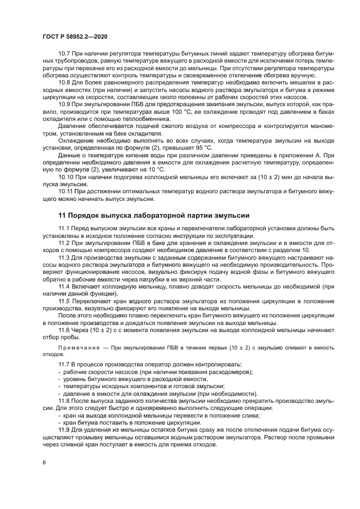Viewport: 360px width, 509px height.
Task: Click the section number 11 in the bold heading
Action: [62, 215]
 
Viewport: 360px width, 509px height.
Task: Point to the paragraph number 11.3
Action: [64, 256]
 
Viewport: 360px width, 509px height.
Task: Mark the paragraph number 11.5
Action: [64, 300]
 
